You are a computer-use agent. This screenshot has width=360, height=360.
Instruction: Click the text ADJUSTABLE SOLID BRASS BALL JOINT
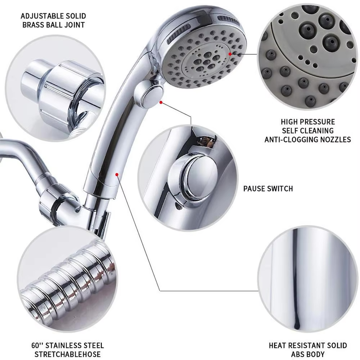tap(53, 21)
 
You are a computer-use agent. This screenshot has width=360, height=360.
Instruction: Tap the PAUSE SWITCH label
tap(268, 189)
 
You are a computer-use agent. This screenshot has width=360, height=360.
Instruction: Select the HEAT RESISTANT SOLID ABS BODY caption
tap(308, 350)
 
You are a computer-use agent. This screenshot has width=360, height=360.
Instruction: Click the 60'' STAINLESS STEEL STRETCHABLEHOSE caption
tap(67, 350)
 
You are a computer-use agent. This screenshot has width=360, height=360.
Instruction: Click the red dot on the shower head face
tap(230, 54)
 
